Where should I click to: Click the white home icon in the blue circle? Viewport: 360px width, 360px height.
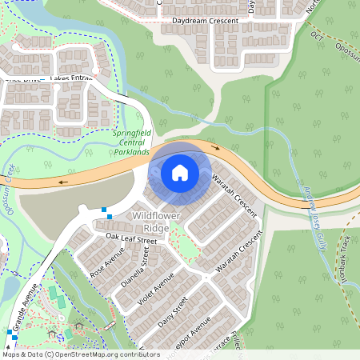pyautogui.click(x=179, y=172)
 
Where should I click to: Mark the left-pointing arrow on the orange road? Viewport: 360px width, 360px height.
pyautogui.click(x=62, y=182)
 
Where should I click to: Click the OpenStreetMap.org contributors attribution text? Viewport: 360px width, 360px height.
pyautogui.click(x=103, y=354)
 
